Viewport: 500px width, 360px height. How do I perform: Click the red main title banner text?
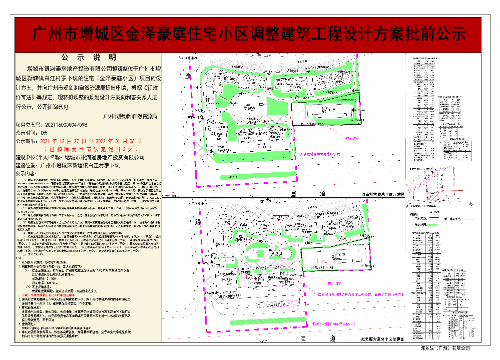pyautogui.click(x=249, y=34)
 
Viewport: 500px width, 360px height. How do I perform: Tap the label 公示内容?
pyautogui.click(x=28, y=173)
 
